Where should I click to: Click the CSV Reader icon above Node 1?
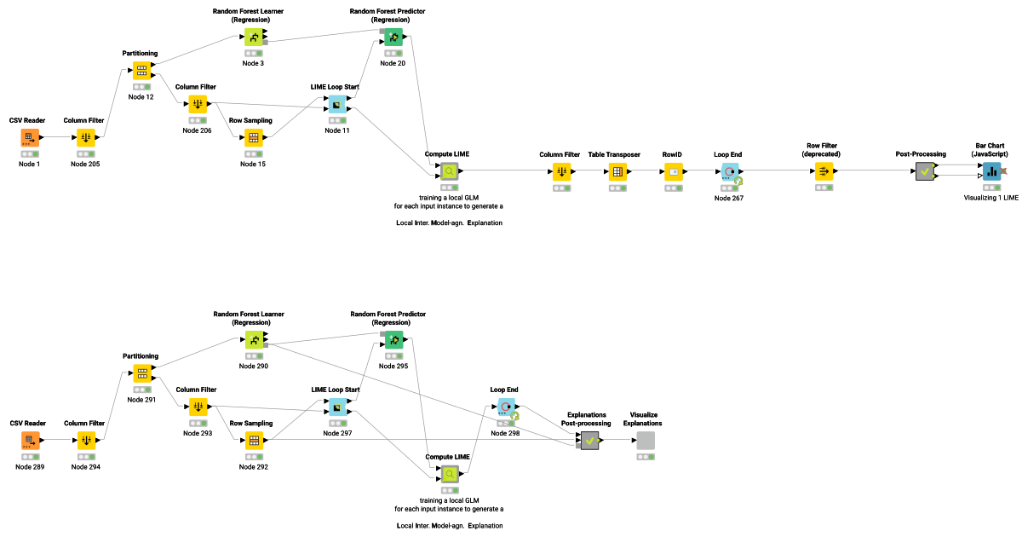pos(30,137)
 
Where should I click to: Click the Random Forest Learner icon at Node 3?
pos(254,37)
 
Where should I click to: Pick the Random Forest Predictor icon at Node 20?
pos(393,37)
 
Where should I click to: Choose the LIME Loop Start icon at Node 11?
pos(337,104)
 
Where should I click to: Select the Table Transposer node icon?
pos(617,171)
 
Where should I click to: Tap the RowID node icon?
pos(674,171)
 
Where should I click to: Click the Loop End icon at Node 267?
pos(729,171)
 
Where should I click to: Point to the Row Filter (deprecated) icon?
pos(824,171)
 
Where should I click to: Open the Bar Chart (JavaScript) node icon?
pos(991,171)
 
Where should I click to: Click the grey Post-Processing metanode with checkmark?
pos(924,171)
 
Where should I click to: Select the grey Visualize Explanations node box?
pos(646,441)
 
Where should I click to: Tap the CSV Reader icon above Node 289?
pos(30,441)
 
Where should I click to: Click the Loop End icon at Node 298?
pos(505,407)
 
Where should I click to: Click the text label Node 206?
pos(197,130)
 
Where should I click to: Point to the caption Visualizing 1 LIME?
pos(991,197)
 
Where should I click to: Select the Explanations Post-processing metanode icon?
pos(589,441)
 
